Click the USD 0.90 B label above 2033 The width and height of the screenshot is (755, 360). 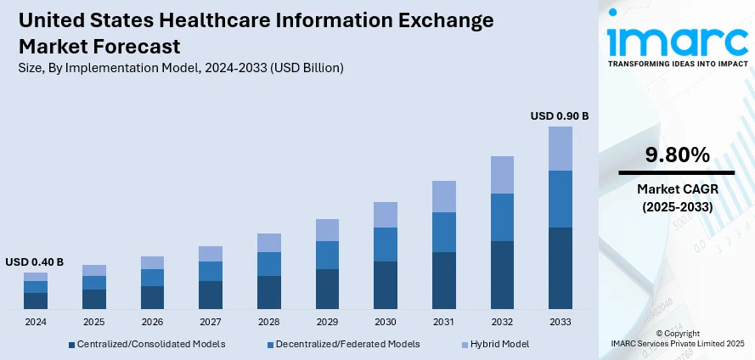point(559,115)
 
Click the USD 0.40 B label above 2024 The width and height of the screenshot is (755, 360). point(35,262)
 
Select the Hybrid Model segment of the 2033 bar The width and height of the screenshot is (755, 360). point(560,149)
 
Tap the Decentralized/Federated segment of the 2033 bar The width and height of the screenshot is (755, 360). point(560,199)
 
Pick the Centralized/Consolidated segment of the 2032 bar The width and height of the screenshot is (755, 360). point(501,274)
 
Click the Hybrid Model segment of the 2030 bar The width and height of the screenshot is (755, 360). point(386,215)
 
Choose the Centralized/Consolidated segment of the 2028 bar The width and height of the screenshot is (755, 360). point(269,292)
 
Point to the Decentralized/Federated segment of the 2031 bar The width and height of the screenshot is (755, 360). point(443,232)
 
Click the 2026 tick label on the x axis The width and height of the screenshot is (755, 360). point(152,323)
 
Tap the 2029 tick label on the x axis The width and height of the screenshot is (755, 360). point(327,323)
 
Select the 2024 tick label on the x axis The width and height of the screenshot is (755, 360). point(36,323)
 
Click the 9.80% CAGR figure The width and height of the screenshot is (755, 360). point(676,155)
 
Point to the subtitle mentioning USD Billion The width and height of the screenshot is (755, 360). point(180,67)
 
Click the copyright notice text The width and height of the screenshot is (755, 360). point(677,337)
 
